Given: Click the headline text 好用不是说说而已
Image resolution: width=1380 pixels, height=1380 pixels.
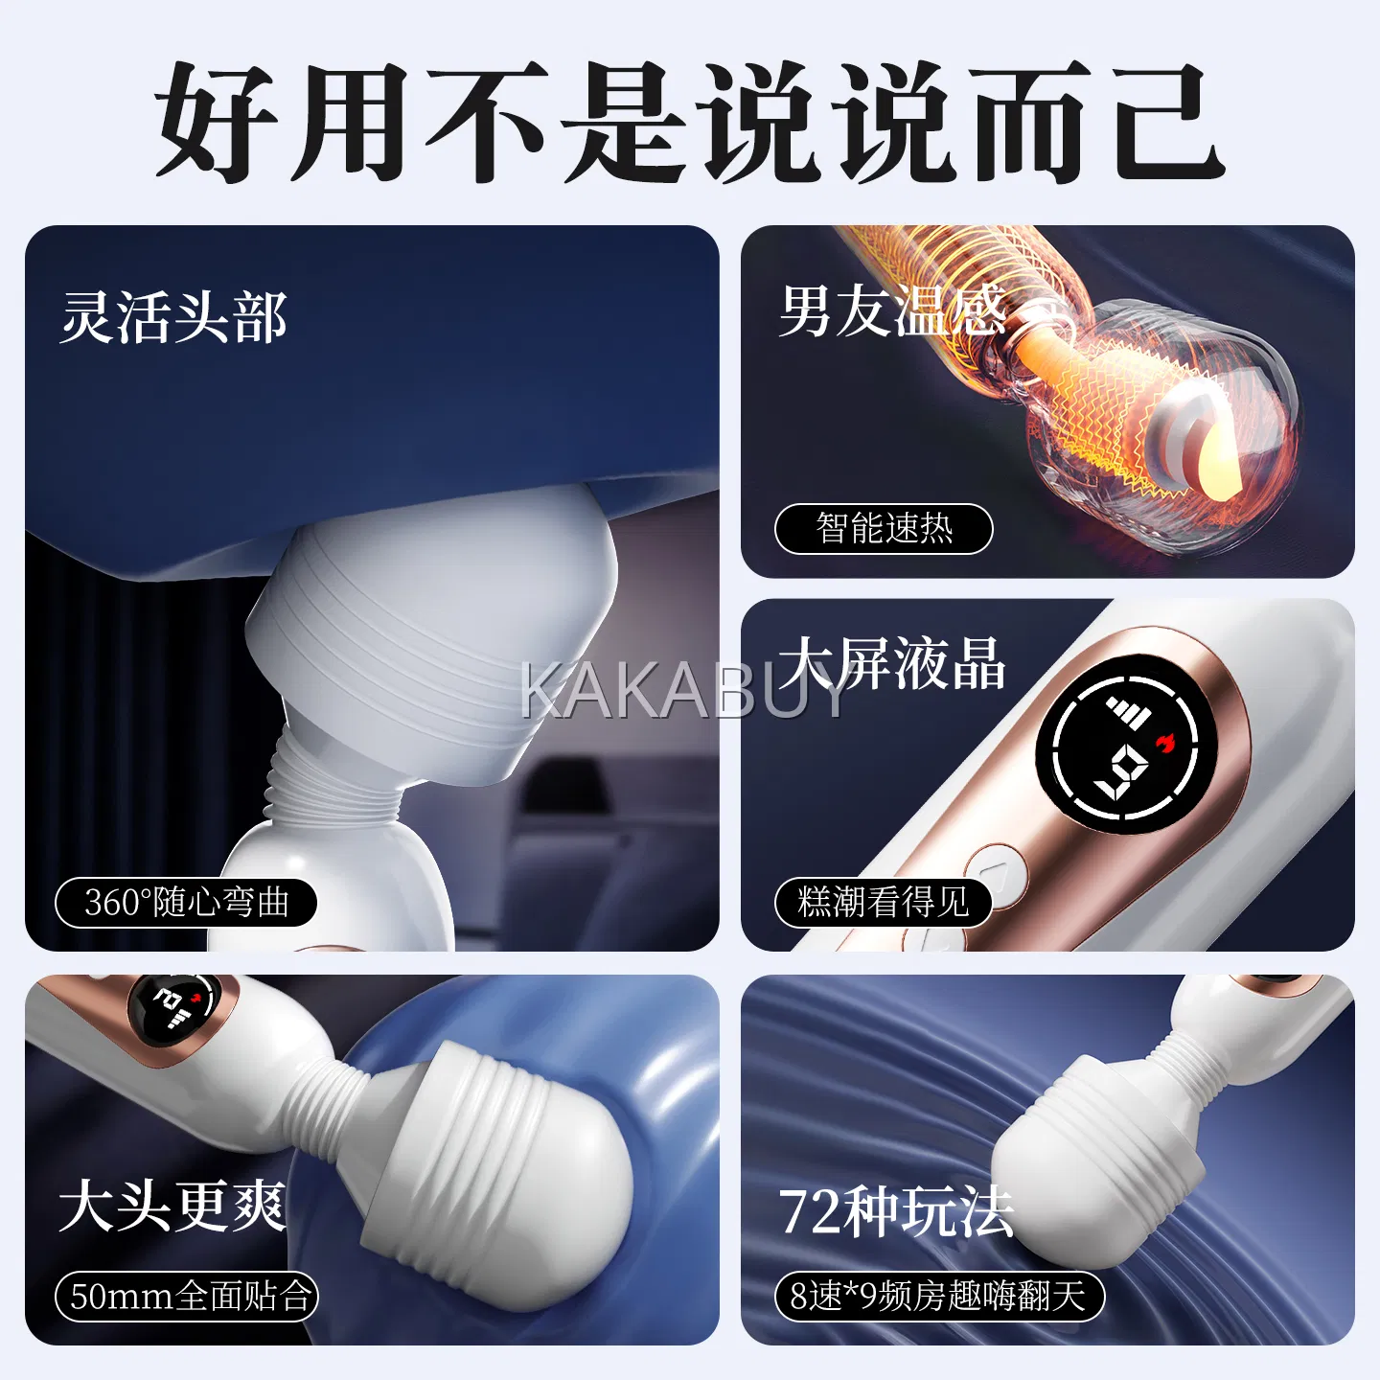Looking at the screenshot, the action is [689, 122].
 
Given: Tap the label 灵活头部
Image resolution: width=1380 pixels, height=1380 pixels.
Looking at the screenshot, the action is [174, 317].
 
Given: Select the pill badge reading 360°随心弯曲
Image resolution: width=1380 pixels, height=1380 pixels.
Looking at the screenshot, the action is [186, 903].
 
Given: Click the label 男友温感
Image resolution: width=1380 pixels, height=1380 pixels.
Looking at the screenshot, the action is [893, 310].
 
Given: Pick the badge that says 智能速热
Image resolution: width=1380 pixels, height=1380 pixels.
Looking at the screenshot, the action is [884, 528].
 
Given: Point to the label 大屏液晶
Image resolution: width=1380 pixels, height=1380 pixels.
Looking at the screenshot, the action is [891, 664].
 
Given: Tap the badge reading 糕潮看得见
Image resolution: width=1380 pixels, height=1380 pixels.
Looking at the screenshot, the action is [884, 902].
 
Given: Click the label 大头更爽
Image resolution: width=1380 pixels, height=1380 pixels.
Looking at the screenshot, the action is [172, 1207].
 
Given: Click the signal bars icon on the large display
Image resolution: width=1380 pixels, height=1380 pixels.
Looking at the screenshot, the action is [1127, 710].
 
